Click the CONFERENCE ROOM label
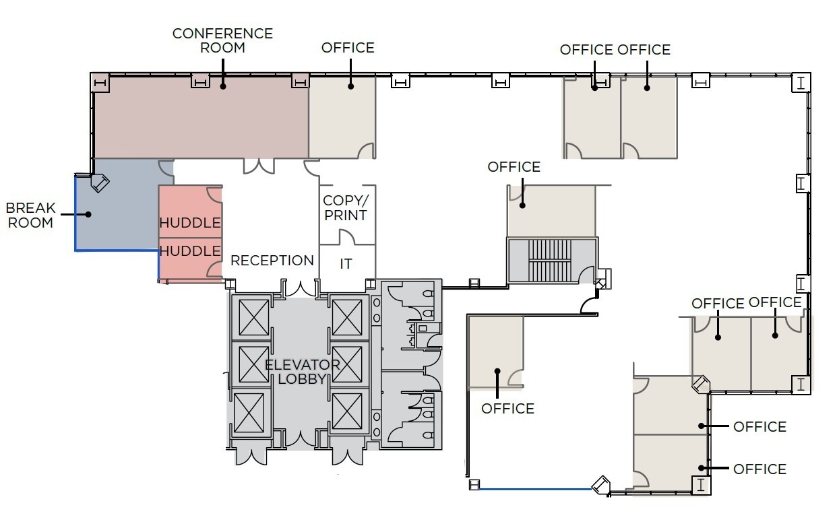(x=223, y=40)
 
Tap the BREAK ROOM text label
(x=30, y=215)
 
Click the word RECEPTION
(x=272, y=261)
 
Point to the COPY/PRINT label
(x=345, y=208)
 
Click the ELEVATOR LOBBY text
(x=302, y=372)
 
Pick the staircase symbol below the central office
(x=551, y=261)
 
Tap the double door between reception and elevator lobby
(x=301, y=288)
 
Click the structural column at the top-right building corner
(x=801, y=83)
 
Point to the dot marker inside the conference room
(x=223, y=86)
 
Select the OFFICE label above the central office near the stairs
(x=514, y=166)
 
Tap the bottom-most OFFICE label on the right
(x=759, y=469)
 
